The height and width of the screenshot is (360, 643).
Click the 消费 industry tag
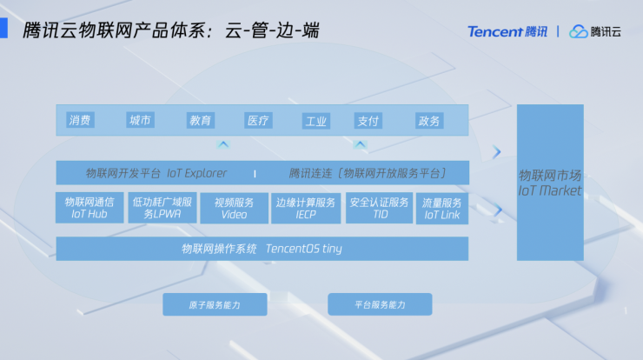tap(80, 120)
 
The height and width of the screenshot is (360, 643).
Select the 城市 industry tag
tap(140, 120)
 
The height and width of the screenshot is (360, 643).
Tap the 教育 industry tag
tap(201, 120)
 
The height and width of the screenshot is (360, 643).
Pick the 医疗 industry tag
tap(258, 120)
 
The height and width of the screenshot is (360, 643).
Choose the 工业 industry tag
tap(316, 121)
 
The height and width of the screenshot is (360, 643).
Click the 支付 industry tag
tap(368, 121)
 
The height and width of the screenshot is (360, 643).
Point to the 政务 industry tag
tap(429, 121)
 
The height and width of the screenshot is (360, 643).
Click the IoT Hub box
tap(89, 208)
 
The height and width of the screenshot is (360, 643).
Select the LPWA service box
tap(162, 208)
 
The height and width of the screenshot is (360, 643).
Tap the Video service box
tap(234, 208)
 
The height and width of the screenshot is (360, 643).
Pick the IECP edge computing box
tap(306, 208)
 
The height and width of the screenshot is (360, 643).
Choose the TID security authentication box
tap(380, 208)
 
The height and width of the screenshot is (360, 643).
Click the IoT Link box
tap(442, 209)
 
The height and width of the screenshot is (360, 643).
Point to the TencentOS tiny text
tap(304, 249)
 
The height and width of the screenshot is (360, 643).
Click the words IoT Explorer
tap(197, 173)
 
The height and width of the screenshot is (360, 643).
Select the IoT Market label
tap(550, 190)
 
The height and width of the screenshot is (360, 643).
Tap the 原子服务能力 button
tap(215, 304)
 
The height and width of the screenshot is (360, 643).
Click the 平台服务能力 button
tap(380, 304)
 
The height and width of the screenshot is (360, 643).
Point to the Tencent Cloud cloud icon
tap(578, 31)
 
